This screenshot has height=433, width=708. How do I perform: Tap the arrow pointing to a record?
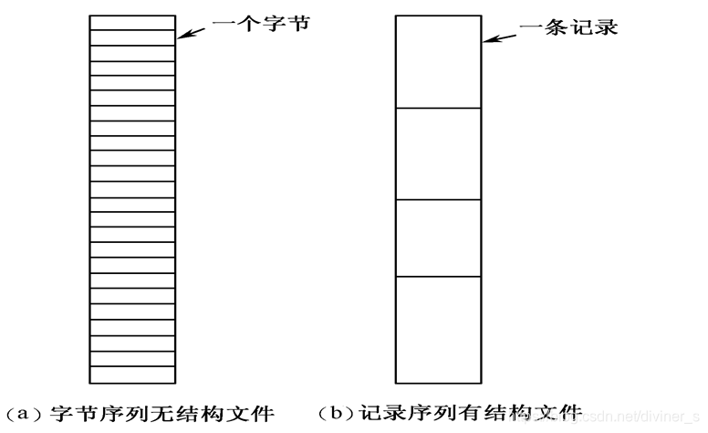coord(499,37)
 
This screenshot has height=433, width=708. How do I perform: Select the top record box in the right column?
coord(437,62)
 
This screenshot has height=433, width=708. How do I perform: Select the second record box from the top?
coord(437,153)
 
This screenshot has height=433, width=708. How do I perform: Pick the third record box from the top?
coord(437,238)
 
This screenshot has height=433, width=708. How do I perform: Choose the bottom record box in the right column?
coord(437,329)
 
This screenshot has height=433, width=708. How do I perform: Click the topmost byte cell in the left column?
coord(132,23)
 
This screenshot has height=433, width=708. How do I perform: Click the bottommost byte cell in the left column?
coord(132,375)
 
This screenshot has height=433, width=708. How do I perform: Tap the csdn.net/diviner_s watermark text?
coord(630,417)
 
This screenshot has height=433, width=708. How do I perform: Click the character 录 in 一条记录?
coord(606,26)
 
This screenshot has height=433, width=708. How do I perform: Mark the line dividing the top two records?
coord(437,108)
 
